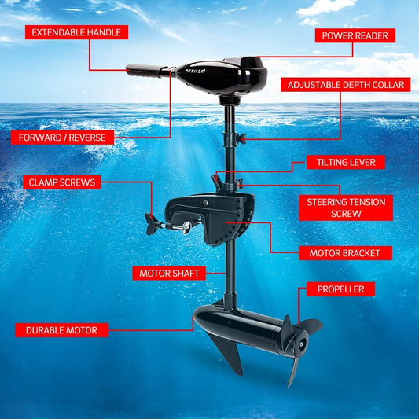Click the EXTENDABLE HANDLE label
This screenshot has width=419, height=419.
(x=75, y=32)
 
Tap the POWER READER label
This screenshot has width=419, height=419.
(x=355, y=35)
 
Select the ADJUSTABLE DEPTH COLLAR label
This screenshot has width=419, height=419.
(x=346, y=85)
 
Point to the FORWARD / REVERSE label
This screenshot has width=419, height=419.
(x=63, y=138)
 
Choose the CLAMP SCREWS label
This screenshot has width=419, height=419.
(x=61, y=182)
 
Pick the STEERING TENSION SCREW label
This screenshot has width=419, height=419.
(x=346, y=208)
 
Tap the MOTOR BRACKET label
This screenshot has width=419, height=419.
(x=345, y=253)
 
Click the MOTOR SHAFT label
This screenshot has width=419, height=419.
(x=170, y=274)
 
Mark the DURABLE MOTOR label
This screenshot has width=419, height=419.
(x=61, y=330)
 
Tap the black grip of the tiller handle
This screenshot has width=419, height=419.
(x=145, y=71)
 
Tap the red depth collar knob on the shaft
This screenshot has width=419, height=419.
(x=242, y=139)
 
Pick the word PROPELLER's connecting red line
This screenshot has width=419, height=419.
(x=300, y=303)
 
